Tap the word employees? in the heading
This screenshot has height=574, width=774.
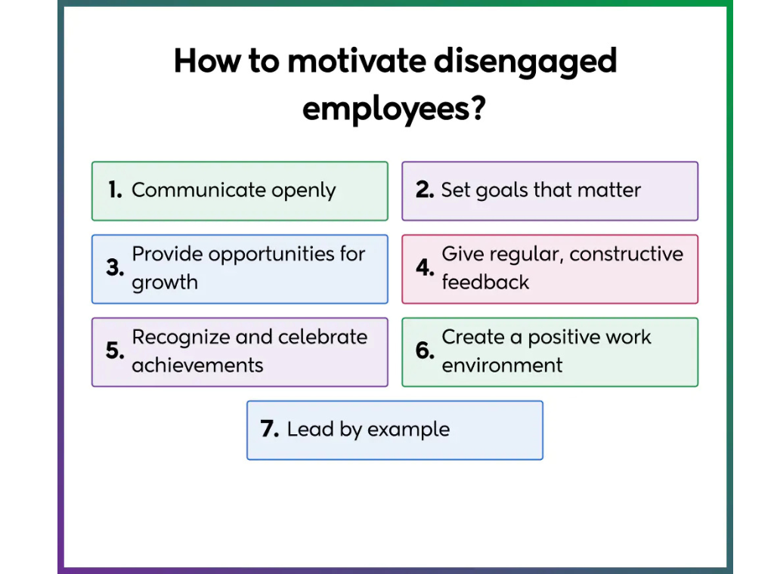coord(393,109)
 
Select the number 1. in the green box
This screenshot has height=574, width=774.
coord(115,190)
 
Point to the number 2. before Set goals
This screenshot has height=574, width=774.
coord(425,190)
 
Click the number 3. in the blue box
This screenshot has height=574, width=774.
coord(115,268)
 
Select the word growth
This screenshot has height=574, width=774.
coord(165,282)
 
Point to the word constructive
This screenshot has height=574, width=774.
coord(626,255)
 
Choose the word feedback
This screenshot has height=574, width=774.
coord(485,282)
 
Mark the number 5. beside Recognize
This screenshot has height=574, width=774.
coord(115,351)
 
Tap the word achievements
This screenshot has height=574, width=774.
coord(197,366)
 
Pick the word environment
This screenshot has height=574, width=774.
coord(502,366)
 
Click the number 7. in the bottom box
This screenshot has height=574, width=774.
coord(271,430)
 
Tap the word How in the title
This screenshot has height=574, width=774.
coord(200,62)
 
